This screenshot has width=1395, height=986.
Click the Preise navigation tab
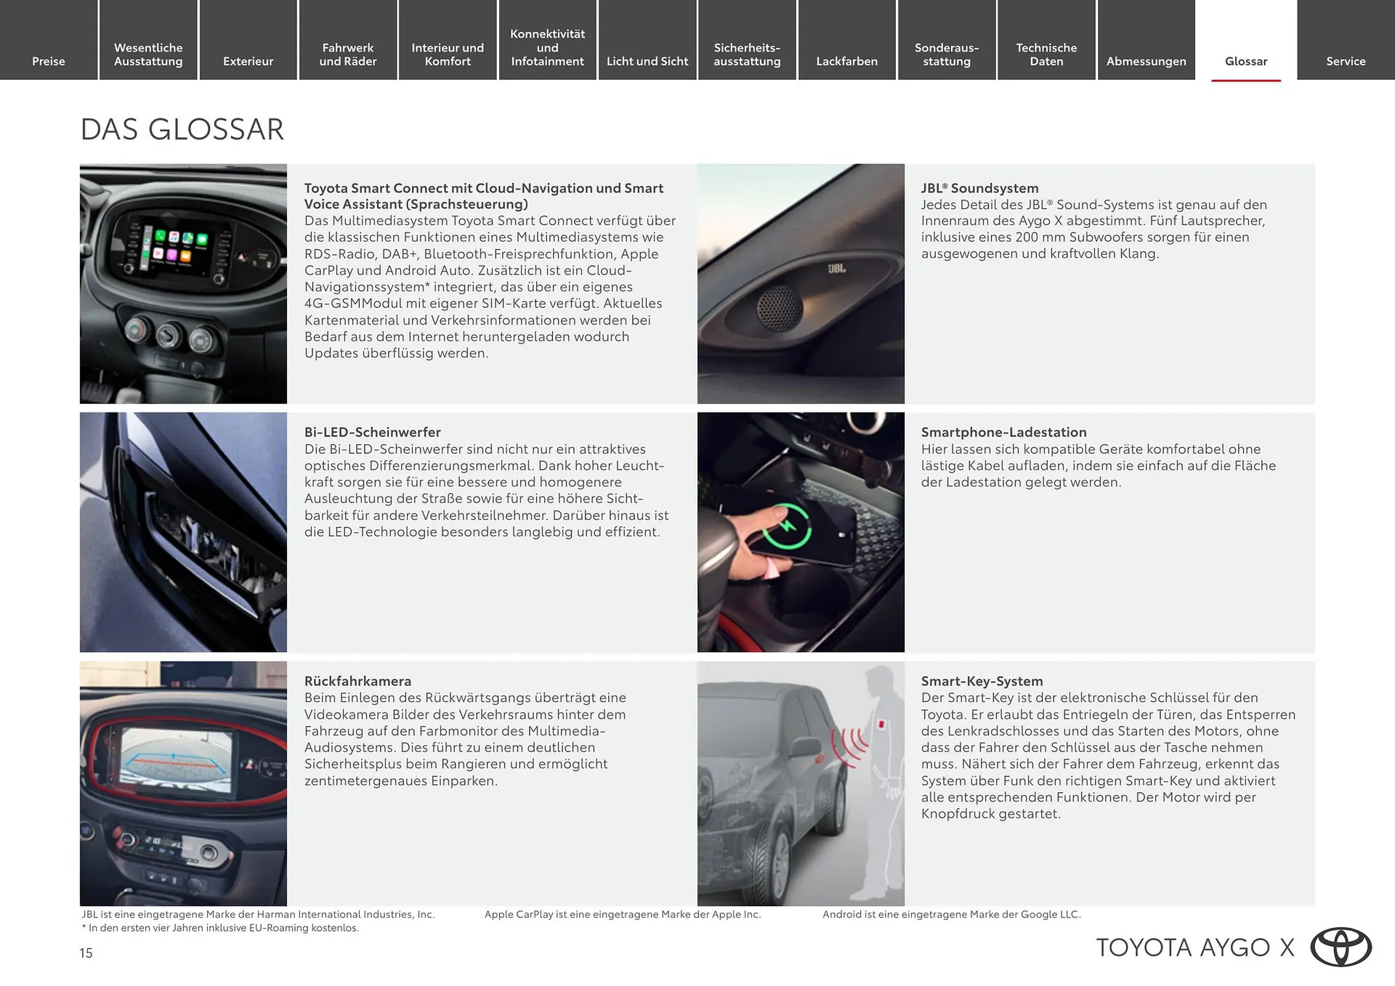click(x=49, y=61)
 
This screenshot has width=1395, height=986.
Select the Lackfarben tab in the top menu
click(x=846, y=61)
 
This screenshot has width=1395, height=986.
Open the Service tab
click(x=1346, y=61)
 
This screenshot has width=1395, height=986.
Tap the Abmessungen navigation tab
click(x=1146, y=61)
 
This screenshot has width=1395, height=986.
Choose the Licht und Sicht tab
click(x=647, y=61)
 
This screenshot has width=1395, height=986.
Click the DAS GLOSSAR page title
click(x=182, y=130)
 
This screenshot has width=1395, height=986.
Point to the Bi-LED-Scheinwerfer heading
click(x=372, y=432)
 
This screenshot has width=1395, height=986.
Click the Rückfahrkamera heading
click(x=357, y=681)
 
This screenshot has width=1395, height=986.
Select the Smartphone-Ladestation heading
click(x=1003, y=432)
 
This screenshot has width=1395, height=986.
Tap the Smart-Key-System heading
click(x=982, y=681)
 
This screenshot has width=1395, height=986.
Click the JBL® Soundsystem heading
click(x=979, y=188)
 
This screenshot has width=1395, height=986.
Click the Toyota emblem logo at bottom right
click(x=1341, y=948)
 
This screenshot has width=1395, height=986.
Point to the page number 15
click(x=86, y=953)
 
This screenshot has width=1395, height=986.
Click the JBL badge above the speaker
click(x=836, y=269)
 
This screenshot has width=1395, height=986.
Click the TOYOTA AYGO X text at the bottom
click(x=1194, y=948)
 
